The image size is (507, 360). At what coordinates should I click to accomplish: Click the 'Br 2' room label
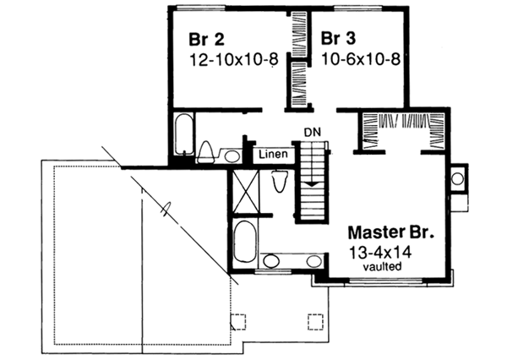point(207,39)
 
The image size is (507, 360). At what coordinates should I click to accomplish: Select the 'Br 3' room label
point(337,39)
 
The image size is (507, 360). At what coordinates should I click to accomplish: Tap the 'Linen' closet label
point(275,155)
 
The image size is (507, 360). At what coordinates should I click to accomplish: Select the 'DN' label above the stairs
point(313,133)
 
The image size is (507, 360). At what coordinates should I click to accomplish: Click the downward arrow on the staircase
point(312,180)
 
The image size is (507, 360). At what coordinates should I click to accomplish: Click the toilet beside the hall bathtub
point(207,151)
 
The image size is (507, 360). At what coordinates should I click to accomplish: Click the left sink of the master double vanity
point(270,261)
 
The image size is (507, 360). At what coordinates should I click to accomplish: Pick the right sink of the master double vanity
point(313,261)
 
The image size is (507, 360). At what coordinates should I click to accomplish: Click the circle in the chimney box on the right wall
point(456,178)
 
